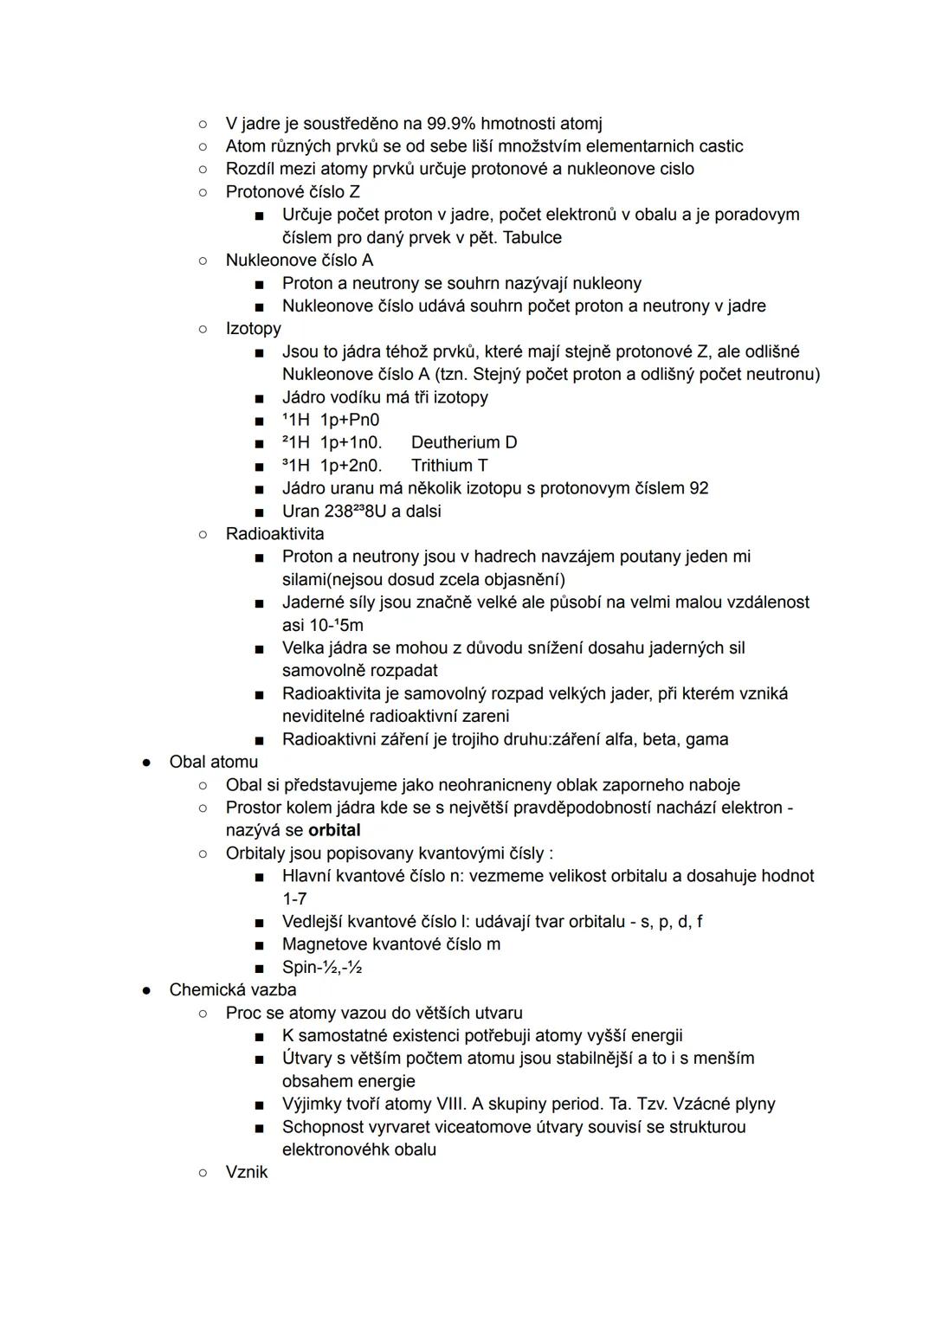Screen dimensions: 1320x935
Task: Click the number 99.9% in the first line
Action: pyautogui.click(x=450, y=124)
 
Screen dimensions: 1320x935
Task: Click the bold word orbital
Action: pyautogui.click(x=334, y=830)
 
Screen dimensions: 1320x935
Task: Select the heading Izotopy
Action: pyautogui.click(x=253, y=329)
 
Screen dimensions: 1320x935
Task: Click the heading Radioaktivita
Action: pyautogui.click(x=274, y=534)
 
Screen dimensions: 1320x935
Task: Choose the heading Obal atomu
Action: pyautogui.click(x=213, y=763)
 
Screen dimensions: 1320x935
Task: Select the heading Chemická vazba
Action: pyautogui.click(x=232, y=990)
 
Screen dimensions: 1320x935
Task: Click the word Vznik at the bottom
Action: pyautogui.click(x=247, y=1173)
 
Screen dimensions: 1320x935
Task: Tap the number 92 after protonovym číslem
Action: pyautogui.click(x=699, y=488)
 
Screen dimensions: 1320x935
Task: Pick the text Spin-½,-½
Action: pyautogui.click(x=321, y=968)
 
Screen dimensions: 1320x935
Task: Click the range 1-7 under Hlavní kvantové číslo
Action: pyautogui.click(x=294, y=899)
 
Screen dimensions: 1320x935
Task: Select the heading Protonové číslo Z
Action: pyautogui.click(x=293, y=192)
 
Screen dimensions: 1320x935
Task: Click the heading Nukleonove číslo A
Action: pyautogui.click(x=300, y=261)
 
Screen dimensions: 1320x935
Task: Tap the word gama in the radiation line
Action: pyautogui.click(x=707, y=740)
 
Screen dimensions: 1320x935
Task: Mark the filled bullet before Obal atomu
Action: pyautogui.click(x=147, y=763)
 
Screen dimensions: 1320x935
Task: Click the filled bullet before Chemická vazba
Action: pyautogui.click(x=147, y=990)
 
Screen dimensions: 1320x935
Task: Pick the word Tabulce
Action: pyautogui.click(x=532, y=238)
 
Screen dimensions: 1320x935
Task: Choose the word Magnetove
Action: pyautogui.click(x=325, y=944)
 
